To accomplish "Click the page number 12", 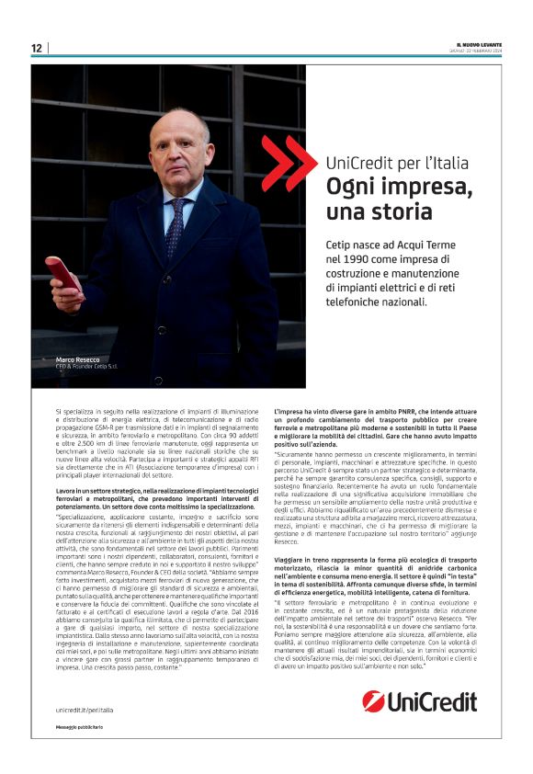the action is click(36, 48).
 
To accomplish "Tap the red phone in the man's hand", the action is click(64, 274).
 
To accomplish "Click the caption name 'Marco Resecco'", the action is click(76, 359).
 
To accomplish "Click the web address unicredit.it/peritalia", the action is click(90, 710).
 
